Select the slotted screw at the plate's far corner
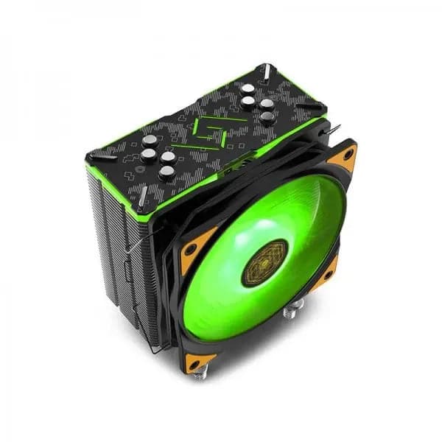(267, 71)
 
